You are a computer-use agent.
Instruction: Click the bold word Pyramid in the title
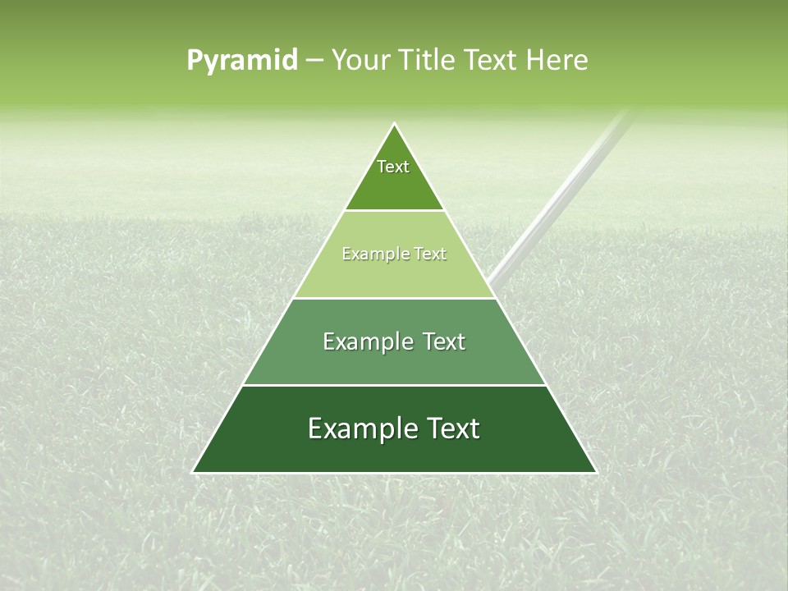(x=241, y=61)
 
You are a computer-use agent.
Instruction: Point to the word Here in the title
(x=557, y=61)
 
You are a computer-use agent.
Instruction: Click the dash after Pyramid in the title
(x=314, y=61)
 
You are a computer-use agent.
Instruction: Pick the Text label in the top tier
(x=393, y=167)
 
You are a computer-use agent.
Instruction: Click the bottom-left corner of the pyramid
(x=193, y=473)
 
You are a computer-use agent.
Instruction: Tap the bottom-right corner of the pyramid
(x=596, y=473)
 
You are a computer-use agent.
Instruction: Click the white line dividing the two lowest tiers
(x=394, y=385)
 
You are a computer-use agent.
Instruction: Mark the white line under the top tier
(x=394, y=211)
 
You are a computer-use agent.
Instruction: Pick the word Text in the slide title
(x=495, y=61)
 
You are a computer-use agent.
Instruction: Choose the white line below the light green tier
(x=394, y=298)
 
